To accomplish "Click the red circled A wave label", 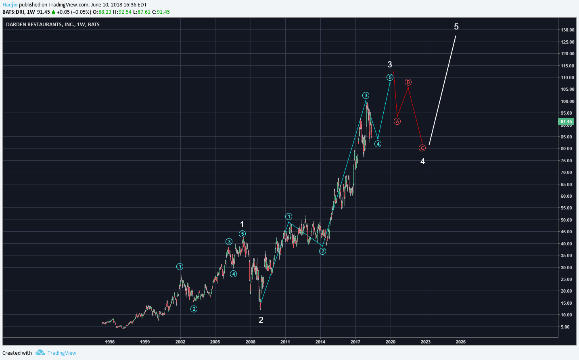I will pyautogui.click(x=397, y=121).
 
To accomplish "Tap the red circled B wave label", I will pyautogui.click(x=408, y=82).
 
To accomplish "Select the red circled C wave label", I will pyautogui.click(x=422, y=148).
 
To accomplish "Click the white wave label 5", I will pyautogui.click(x=456, y=27).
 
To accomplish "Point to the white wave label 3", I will pyautogui.click(x=390, y=65).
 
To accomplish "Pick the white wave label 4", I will pyautogui.click(x=422, y=161).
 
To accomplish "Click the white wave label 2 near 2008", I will pyautogui.click(x=261, y=320).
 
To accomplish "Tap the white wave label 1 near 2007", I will pyautogui.click(x=242, y=224).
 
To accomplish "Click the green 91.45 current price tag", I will pyautogui.click(x=566, y=121).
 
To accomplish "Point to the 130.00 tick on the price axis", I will pyautogui.click(x=567, y=30).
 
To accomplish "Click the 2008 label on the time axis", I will pyautogui.click(x=250, y=342).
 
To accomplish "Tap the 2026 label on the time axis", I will pyautogui.click(x=460, y=342).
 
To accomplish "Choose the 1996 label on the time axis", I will pyautogui.click(x=110, y=342).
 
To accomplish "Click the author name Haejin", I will pyautogui.click(x=10, y=5).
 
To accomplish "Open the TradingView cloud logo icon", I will pyautogui.click(x=40, y=353).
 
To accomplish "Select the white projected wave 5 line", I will pyautogui.click(x=443, y=90).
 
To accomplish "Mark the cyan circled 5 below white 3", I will pyautogui.click(x=390, y=77).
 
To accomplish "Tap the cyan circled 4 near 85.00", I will pyautogui.click(x=378, y=144).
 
